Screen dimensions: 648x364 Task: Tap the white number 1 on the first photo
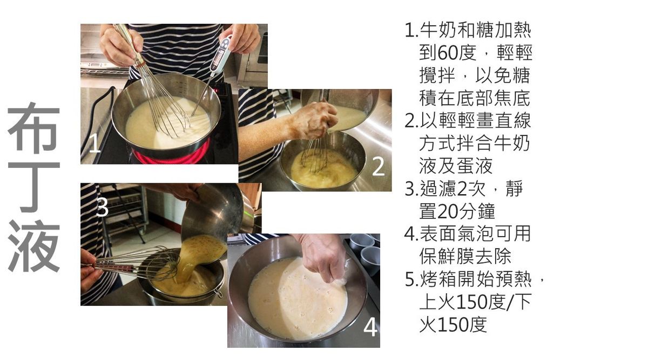tap(94, 143)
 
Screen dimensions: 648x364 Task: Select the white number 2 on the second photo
tap(378, 167)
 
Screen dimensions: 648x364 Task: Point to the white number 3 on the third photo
tap(102, 207)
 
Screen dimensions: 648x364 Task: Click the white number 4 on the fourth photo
tap(370, 327)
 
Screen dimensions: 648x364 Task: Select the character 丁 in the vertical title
tap(33, 187)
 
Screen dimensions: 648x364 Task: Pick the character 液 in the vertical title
tap(33, 246)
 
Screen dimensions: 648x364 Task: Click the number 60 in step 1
tap(448, 53)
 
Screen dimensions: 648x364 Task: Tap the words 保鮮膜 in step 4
tap(447, 257)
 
